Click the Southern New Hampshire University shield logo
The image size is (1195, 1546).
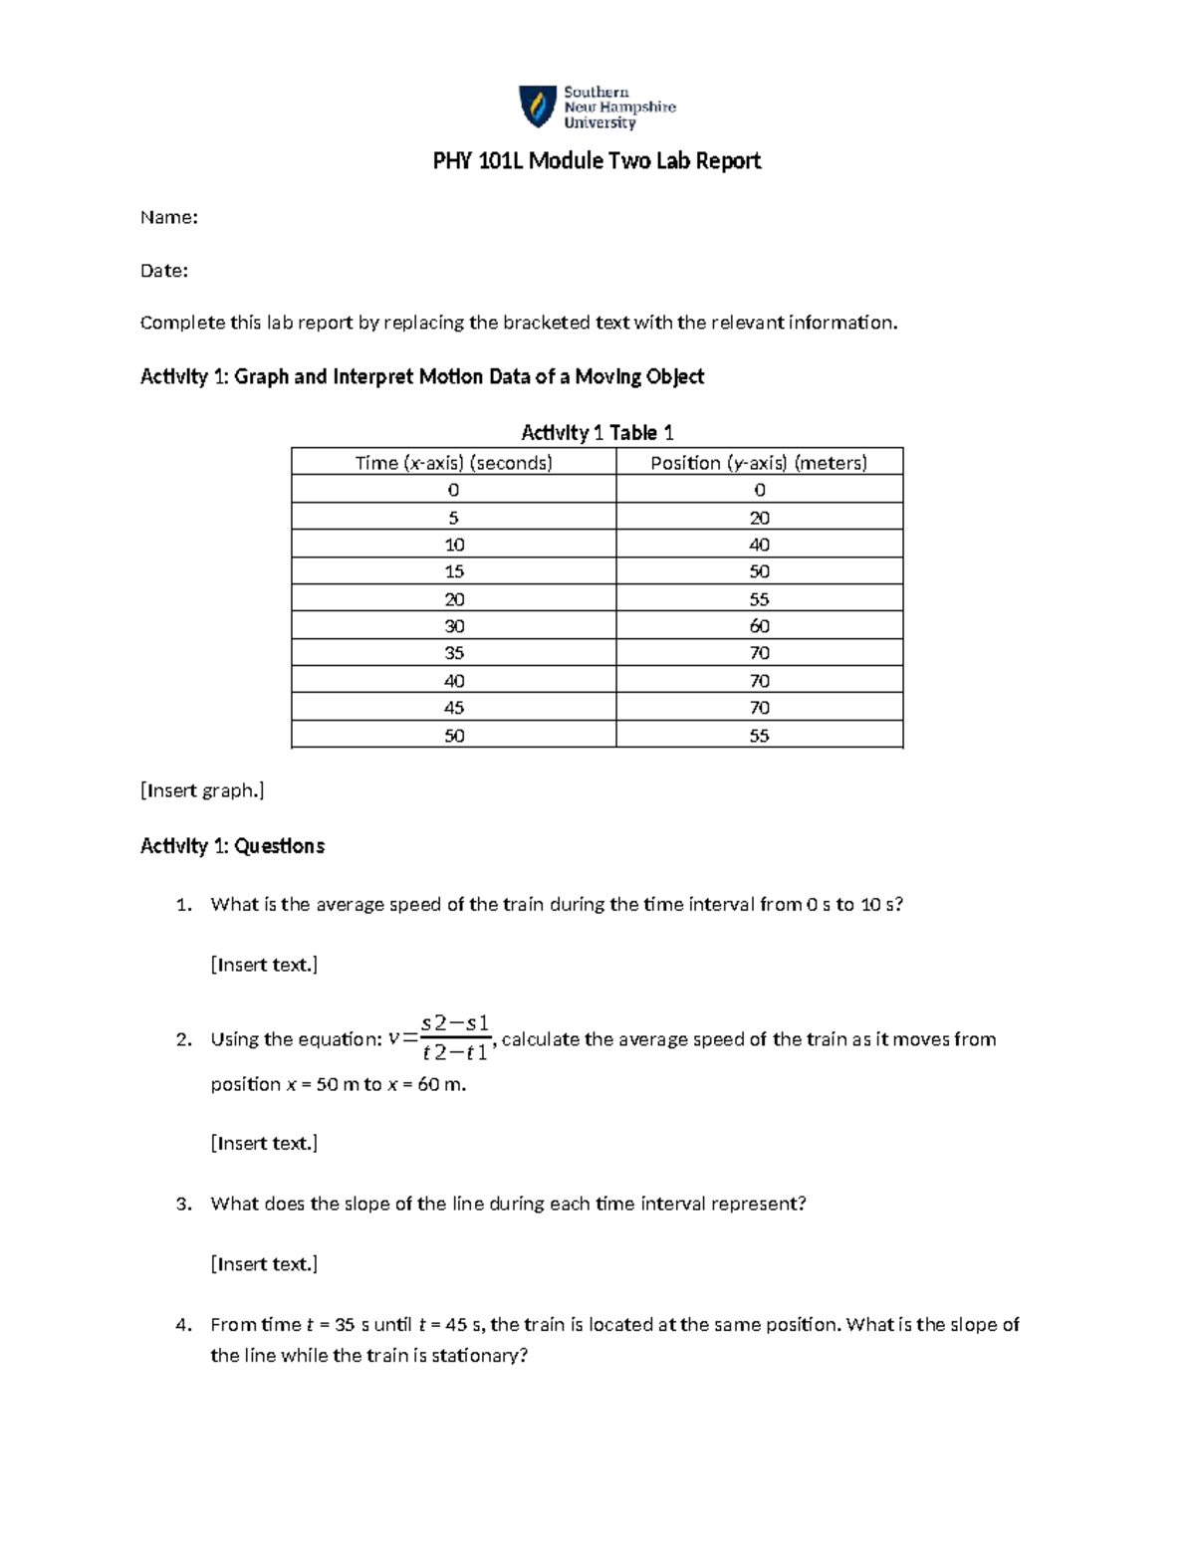[537, 107]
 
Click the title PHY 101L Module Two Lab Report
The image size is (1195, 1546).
[597, 161]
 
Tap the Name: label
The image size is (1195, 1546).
[168, 218]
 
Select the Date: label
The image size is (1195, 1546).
[163, 271]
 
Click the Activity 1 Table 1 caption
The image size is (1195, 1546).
[597, 433]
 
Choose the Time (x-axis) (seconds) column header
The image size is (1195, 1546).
[454, 463]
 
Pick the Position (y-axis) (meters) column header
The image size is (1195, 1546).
[759, 463]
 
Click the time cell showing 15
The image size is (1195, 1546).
[454, 571]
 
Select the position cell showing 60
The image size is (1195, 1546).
[759, 626]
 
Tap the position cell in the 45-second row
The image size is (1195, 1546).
[759, 708]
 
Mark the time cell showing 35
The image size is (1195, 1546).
[454, 653]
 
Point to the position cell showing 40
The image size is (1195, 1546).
[759, 545]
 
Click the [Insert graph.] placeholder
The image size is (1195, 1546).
[202, 791]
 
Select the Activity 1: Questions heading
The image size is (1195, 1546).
[232, 846]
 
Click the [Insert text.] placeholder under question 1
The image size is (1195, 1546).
[264, 965]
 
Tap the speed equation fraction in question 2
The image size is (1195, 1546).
[454, 1038]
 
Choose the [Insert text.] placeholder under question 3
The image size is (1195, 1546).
[264, 1264]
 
